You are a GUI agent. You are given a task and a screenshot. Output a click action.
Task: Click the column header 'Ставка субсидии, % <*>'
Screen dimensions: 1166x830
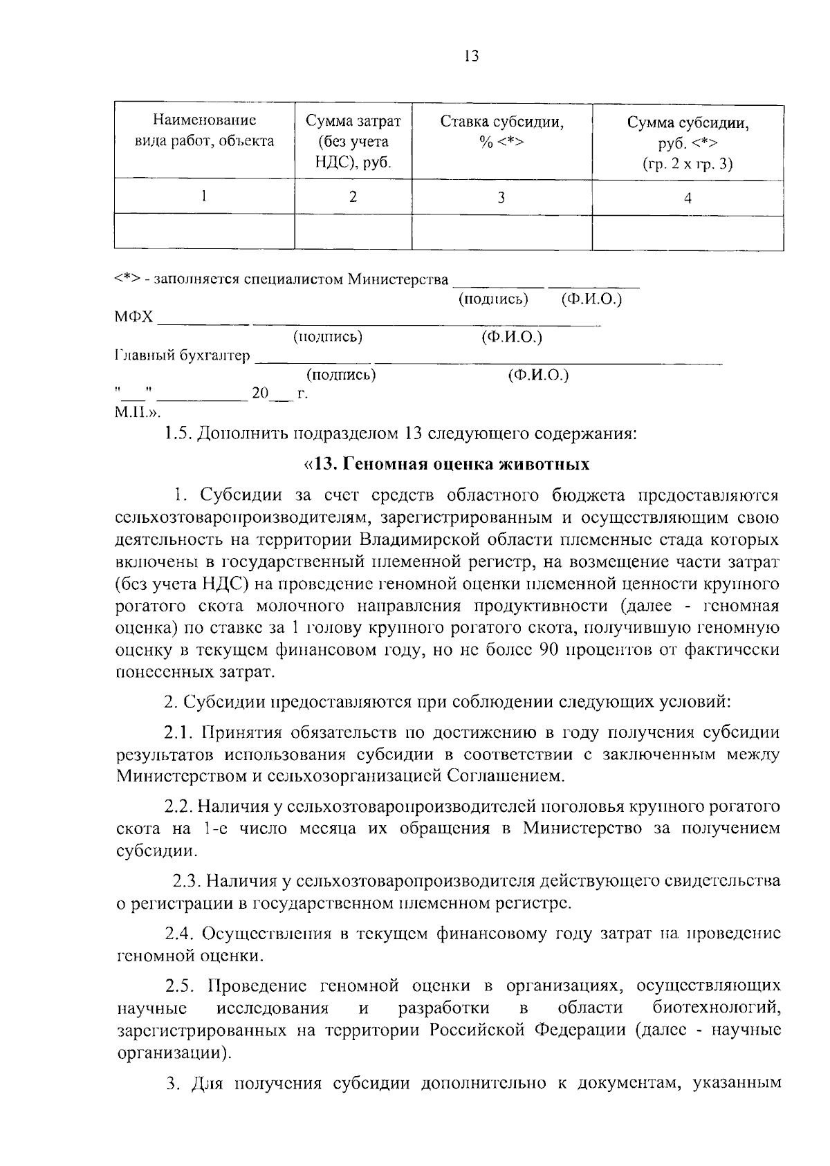pyautogui.click(x=501, y=132)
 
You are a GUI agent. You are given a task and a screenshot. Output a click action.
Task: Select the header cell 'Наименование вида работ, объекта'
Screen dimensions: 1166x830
pyautogui.click(x=204, y=131)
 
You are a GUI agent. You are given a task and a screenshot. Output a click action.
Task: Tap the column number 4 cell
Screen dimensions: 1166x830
pyautogui.click(x=688, y=198)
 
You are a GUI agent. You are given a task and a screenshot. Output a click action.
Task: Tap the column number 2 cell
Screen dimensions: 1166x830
pyautogui.click(x=353, y=197)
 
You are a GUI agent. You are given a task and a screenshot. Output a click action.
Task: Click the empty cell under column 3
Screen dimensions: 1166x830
pyautogui.click(x=501, y=232)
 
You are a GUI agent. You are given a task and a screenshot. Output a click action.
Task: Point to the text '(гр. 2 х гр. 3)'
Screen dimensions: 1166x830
pyautogui.click(x=688, y=163)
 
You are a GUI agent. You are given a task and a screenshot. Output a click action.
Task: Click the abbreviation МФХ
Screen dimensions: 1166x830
pyautogui.click(x=133, y=317)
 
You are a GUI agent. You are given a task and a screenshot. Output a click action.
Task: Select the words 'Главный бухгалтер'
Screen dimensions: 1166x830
pyautogui.click(x=182, y=355)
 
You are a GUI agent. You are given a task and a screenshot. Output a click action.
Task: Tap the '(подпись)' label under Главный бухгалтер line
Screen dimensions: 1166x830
pyautogui.click(x=341, y=375)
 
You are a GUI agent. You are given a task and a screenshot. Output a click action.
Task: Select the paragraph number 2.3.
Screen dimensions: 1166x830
pyautogui.click(x=187, y=881)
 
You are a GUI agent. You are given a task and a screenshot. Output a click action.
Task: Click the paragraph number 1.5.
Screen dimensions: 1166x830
pyautogui.click(x=177, y=434)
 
